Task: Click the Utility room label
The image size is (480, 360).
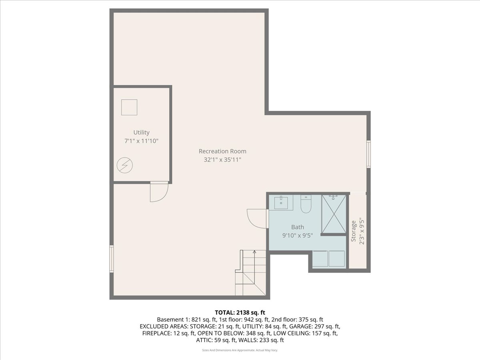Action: pos(142,132)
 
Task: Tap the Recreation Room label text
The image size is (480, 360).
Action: pos(222,151)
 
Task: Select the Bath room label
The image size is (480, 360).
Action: pos(298,227)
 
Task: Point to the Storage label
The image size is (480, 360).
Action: pos(353,231)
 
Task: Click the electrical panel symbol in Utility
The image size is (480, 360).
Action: pos(125,165)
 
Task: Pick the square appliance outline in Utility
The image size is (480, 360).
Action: pos(129,107)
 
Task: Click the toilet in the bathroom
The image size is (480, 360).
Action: pos(306,204)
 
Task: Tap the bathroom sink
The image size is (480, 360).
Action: pos(281,203)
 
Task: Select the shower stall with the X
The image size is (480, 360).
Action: pos(334,214)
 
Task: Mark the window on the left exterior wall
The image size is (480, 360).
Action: pos(112,259)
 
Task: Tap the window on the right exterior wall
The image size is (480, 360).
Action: pos(368,154)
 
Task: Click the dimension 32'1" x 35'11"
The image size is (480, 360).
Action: pos(222,160)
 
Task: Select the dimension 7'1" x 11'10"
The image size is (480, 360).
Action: pos(141,141)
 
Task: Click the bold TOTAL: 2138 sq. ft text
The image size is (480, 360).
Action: pos(240,312)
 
